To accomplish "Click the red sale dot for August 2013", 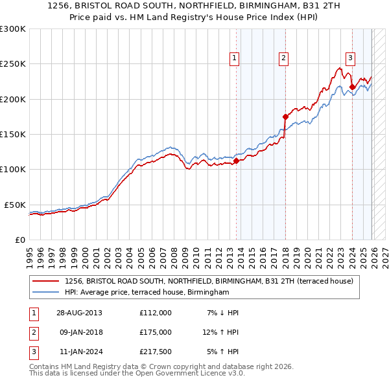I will [x=236, y=161].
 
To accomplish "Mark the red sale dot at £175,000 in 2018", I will [x=285, y=117].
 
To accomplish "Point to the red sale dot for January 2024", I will [x=352, y=87].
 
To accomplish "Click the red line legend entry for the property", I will [x=208, y=282].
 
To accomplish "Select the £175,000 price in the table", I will [x=156, y=332].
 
